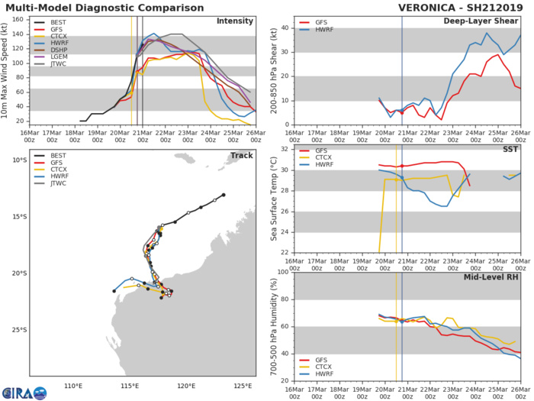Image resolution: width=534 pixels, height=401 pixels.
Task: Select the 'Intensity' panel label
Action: point(235,21)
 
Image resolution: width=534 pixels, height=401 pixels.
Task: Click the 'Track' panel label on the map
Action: point(241,156)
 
